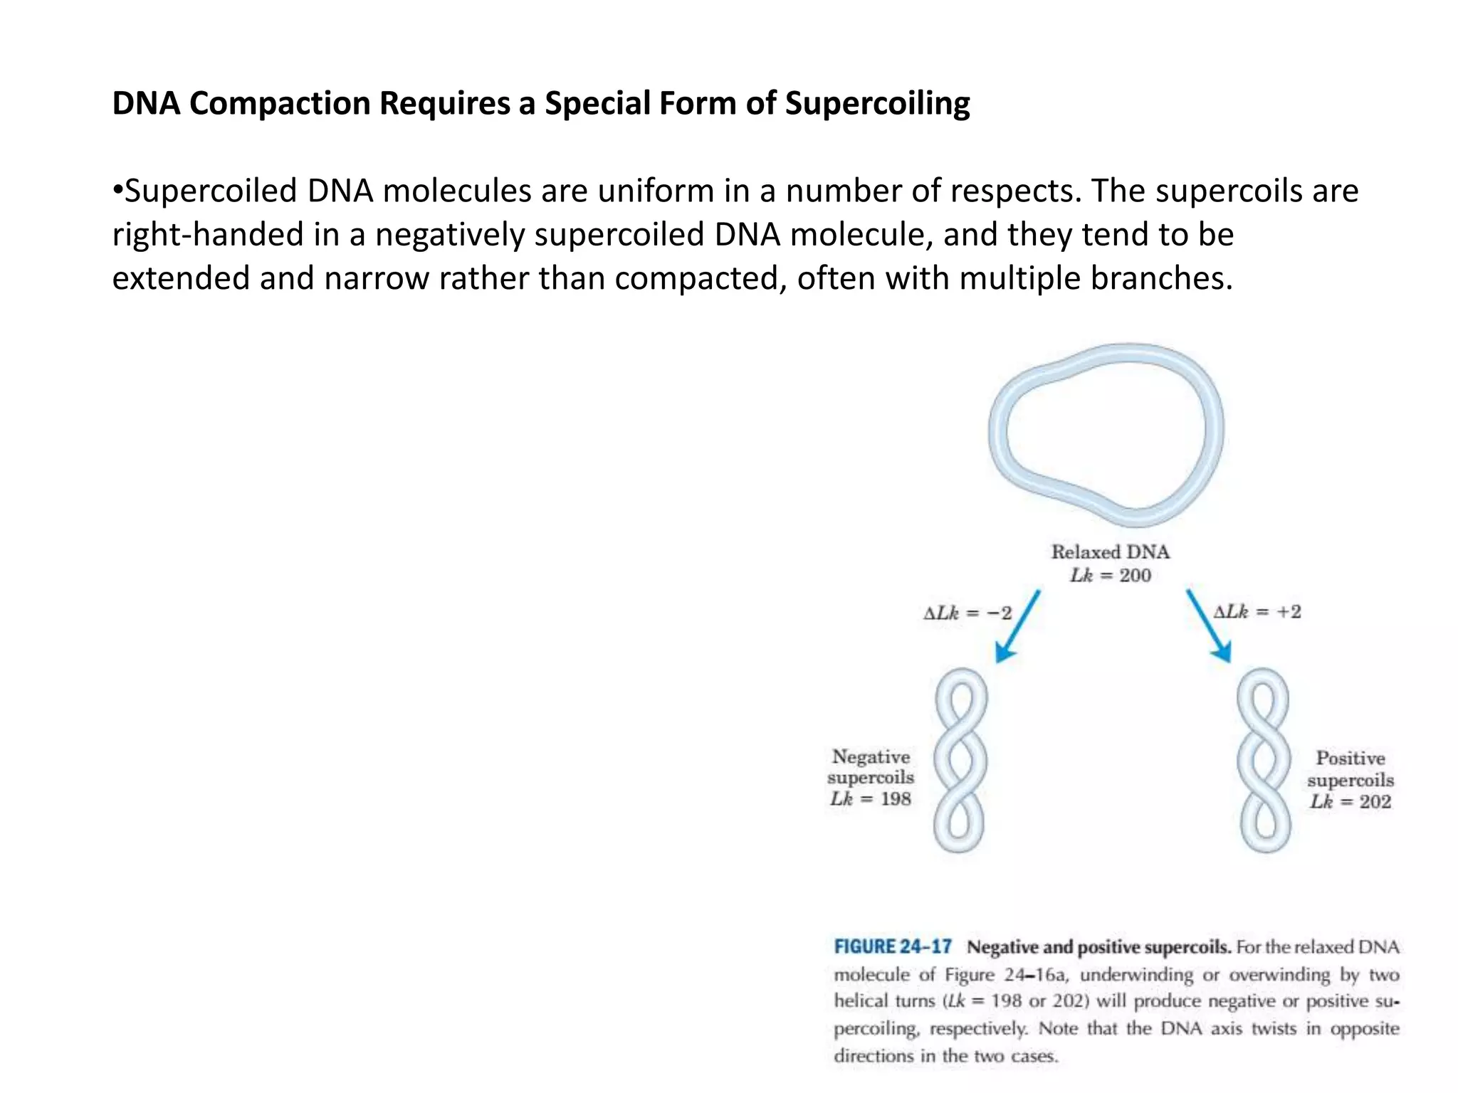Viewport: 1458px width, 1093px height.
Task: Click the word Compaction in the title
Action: pos(279,104)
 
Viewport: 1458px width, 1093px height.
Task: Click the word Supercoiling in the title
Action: pos(877,104)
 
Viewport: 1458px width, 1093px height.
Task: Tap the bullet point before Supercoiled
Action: pos(117,191)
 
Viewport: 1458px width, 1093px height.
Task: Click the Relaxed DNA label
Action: pos(1110,552)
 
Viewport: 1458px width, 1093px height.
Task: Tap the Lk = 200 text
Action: pos(1110,576)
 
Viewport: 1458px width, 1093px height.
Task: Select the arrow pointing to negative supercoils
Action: pos(1017,626)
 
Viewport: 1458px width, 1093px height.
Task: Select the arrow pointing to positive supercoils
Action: pos(1208,626)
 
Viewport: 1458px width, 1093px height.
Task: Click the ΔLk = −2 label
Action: pos(967,613)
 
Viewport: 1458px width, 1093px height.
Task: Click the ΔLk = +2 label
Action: pos(1257,612)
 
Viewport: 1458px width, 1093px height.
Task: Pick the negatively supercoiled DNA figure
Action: pos(960,760)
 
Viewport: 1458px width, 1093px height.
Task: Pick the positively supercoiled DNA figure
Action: pos(1264,760)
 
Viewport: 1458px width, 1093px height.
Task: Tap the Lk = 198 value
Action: pos(870,799)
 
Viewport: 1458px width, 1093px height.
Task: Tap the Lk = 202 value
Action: pos(1350,802)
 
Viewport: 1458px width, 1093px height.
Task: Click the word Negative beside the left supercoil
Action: pos(871,757)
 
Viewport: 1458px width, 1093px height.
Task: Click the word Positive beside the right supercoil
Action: pos(1350,759)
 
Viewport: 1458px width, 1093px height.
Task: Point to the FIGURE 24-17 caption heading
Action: pos(892,947)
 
